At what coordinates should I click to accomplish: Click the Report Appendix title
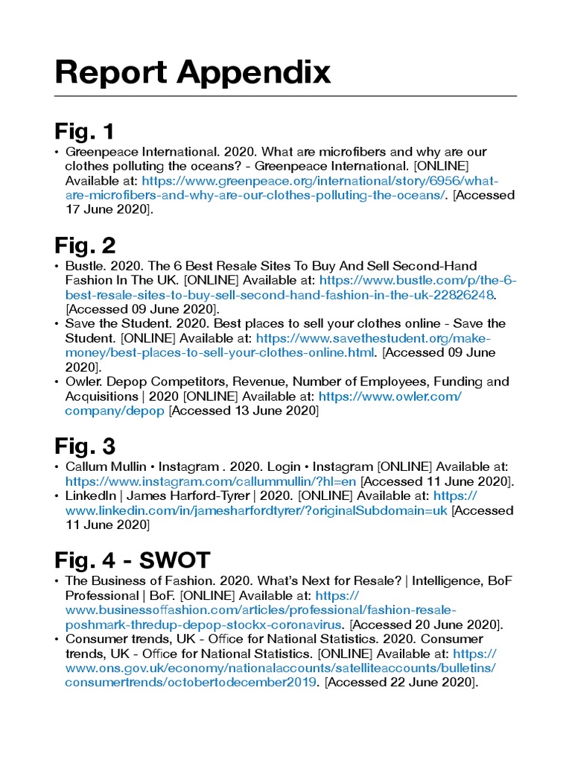tap(192, 73)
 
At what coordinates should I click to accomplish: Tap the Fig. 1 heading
tap(84, 132)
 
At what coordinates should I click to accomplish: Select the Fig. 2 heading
tap(85, 245)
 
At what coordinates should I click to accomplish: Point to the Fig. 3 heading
tap(85, 446)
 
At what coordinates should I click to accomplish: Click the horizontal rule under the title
tap(285, 96)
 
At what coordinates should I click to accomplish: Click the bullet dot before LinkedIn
tap(57, 496)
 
